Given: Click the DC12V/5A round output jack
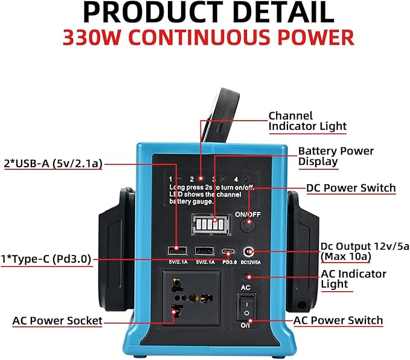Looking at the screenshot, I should click(247, 251).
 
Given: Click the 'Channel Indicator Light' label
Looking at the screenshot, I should click(307, 121).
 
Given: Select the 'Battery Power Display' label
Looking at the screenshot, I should click(336, 156).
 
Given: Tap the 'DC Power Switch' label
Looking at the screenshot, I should click(351, 188).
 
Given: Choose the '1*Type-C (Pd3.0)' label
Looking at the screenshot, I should click(46, 259).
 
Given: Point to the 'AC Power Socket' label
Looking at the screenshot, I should click(57, 320).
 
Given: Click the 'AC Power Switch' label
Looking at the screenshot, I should click(338, 320).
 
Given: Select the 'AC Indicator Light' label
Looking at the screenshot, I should click(353, 279).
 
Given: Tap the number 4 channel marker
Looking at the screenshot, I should click(236, 179).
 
